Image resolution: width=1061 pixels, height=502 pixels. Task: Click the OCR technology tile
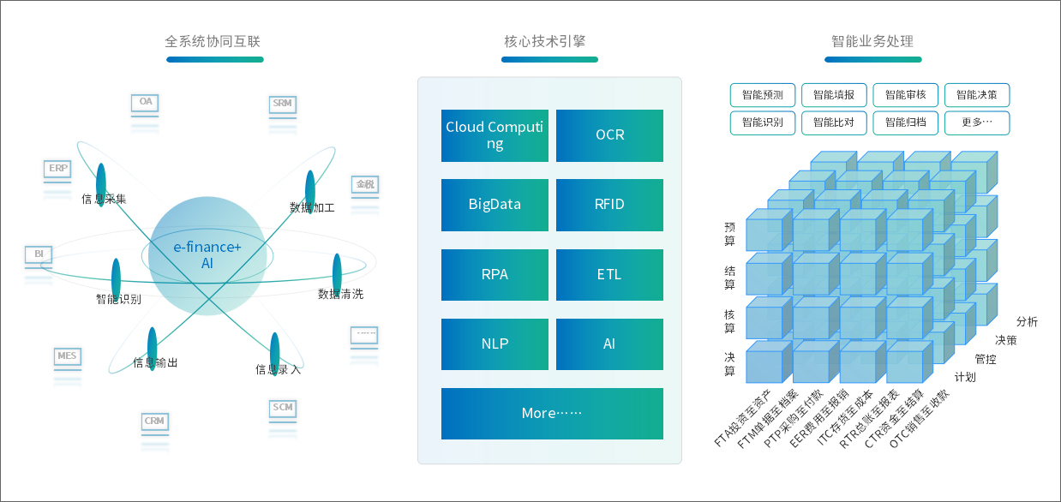coord(609,135)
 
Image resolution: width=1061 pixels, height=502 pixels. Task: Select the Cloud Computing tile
coord(495,135)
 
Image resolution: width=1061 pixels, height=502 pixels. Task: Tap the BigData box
coord(495,205)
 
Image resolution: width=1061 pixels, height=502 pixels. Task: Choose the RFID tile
coord(609,205)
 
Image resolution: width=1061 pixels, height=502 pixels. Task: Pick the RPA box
coord(495,275)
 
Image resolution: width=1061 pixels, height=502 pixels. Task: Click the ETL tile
coord(609,275)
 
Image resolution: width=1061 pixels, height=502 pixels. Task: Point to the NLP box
coord(495,344)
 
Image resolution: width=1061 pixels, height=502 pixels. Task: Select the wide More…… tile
coord(552,414)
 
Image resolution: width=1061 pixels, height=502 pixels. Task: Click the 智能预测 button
coord(763,94)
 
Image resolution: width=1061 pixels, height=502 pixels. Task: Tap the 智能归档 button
coord(906,123)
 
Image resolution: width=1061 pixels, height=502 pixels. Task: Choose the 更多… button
coord(977,123)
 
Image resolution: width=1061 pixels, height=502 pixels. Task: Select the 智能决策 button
coord(977,94)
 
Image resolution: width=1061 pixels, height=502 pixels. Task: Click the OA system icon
coord(146,103)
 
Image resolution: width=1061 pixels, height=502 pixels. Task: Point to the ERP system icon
coord(58,170)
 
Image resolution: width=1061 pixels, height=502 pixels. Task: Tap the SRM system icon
coord(282,105)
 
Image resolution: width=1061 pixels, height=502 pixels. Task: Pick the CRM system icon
coord(154,421)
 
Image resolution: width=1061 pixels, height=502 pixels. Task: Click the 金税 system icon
coord(365,185)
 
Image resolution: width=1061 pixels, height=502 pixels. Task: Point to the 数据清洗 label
coord(340,294)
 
